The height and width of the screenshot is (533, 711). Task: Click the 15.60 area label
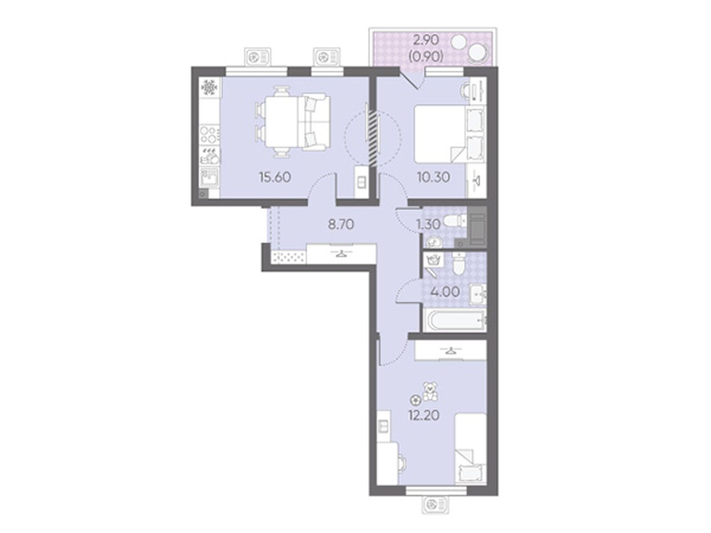(275, 177)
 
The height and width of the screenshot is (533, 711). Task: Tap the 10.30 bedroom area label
(433, 177)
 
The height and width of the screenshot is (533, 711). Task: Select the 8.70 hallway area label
(340, 224)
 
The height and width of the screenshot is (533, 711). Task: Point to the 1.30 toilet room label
(428, 224)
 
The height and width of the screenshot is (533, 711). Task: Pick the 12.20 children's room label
(424, 415)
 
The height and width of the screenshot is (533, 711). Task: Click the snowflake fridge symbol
(208, 87)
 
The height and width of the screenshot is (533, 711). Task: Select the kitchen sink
(209, 178)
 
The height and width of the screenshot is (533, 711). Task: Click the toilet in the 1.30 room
(455, 222)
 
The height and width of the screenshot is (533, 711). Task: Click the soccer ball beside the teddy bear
(415, 400)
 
